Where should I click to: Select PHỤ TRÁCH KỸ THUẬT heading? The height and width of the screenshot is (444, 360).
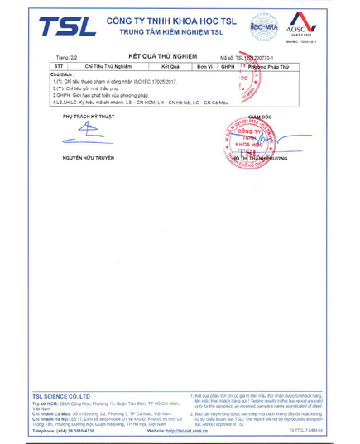88,117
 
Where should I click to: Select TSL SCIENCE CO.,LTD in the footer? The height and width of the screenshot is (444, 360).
62,397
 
